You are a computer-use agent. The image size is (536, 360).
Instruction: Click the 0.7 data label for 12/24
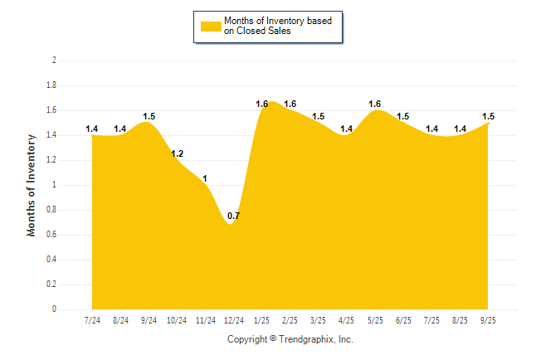coord(233,216)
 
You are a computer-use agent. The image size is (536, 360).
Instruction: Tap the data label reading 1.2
coord(177,153)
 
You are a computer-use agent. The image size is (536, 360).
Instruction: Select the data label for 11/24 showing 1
coord(205,178)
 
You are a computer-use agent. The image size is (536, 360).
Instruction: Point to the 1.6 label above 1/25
coord(262,104)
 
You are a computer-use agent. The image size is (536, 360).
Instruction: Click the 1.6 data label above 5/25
coord(375,104)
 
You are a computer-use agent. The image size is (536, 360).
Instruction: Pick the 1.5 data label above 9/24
coord(149,116)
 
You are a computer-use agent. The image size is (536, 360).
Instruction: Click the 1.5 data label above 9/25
coord(489,116)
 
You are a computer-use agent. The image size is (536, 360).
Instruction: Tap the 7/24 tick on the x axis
coord(92,320)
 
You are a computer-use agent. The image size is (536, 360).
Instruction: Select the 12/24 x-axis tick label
coord(233,320)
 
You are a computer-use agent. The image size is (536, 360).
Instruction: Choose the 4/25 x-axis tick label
coord(347,320)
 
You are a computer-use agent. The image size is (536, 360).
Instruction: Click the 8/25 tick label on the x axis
coord(460,320)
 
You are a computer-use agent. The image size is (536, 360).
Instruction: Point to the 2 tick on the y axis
coord(54,61)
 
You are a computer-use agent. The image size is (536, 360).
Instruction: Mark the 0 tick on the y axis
coord(54,309)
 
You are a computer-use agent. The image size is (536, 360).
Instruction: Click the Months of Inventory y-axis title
coord(32,185)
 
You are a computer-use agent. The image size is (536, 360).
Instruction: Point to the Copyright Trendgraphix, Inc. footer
coord(290,339)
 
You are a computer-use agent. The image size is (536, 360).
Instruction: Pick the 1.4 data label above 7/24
coord(92,129)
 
